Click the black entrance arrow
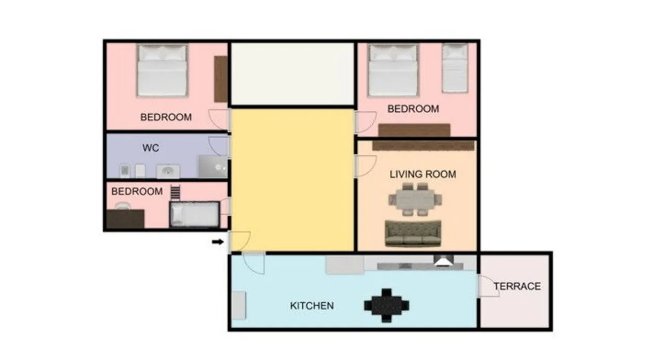point(218,242)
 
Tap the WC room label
point(151,148)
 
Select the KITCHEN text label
point(312,305)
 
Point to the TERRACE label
point(517,286)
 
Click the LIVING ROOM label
point(423,174)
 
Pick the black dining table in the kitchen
point(387,305)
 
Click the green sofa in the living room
point(413,234)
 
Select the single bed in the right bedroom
point(455,68)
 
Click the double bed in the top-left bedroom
point(163,70)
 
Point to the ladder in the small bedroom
point(175,193)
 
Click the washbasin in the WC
point(168,171)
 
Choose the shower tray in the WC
point(213,167)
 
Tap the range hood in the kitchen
point(444,261)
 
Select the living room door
point(366,166)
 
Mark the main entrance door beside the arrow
point(240,241)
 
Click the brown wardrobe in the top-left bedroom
point(221,79)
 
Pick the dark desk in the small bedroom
point(125,219)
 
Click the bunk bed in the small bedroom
point(195,214)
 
